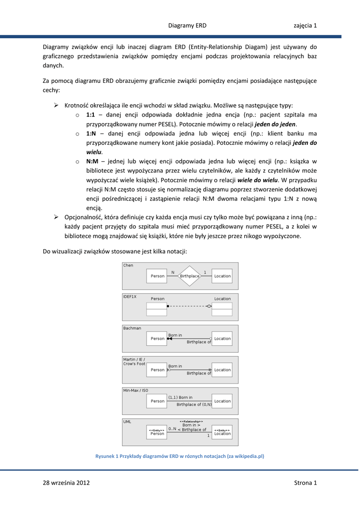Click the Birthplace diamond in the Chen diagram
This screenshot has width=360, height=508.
click(189, 276)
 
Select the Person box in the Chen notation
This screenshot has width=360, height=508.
click(157, 276)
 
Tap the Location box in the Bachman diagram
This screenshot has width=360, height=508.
click(222, 339)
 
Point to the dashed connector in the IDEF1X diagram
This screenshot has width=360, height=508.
click(189, 306)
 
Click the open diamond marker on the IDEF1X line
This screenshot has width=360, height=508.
click(210, 306)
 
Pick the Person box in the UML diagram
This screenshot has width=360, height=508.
click(157, 432)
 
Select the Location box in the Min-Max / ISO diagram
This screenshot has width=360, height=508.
click(222, 401)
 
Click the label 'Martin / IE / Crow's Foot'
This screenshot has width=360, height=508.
click(134, 361)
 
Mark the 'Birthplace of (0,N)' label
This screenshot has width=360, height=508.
click(194, 404)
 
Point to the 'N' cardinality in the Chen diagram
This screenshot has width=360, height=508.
click(173, 272)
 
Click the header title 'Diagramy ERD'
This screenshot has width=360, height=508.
click(187, 25)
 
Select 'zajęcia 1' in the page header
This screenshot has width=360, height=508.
click(305, 25)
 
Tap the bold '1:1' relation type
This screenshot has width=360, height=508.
click(90, 115)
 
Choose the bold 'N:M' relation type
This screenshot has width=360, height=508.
click(92, 161)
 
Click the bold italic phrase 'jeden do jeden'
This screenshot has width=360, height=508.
click(276, 124)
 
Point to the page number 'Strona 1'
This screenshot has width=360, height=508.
click(305, 483)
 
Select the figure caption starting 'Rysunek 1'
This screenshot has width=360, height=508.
click(180, 456)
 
